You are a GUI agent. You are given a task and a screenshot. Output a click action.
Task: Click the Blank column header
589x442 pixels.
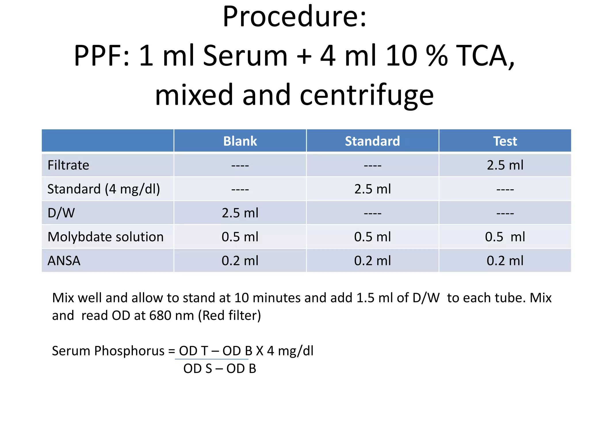(240, 141)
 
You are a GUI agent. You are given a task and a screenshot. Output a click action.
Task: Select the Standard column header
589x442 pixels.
(372, 141)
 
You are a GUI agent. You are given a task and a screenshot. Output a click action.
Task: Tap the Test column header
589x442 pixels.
(505, 141)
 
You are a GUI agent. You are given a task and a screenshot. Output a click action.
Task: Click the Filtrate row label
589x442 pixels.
(68, 165)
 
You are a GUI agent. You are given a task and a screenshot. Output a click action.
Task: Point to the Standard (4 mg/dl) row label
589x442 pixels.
(104, 189)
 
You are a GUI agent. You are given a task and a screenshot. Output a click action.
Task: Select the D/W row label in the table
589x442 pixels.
(61, 213)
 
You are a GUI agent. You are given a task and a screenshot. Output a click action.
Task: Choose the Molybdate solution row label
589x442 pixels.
(105, 237)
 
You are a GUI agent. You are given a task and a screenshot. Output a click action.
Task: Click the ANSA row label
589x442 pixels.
(64, 261)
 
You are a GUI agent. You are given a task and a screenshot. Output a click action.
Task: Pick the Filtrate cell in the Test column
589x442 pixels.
(505, 165)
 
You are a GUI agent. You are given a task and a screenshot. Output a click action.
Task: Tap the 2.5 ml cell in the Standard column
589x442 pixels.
(372, 189)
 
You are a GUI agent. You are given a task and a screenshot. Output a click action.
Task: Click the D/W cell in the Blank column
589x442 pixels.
(240, 213)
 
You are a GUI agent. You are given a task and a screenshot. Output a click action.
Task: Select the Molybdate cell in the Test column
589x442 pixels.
(505, 237)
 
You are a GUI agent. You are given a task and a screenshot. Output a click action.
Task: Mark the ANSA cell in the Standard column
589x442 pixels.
(372, 261)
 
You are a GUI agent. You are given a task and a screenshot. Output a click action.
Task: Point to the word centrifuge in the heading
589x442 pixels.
(366, 95)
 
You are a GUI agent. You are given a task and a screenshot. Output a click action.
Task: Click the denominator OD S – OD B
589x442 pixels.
(220, 369)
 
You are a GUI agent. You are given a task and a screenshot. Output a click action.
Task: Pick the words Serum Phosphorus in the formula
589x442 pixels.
(108, 351)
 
